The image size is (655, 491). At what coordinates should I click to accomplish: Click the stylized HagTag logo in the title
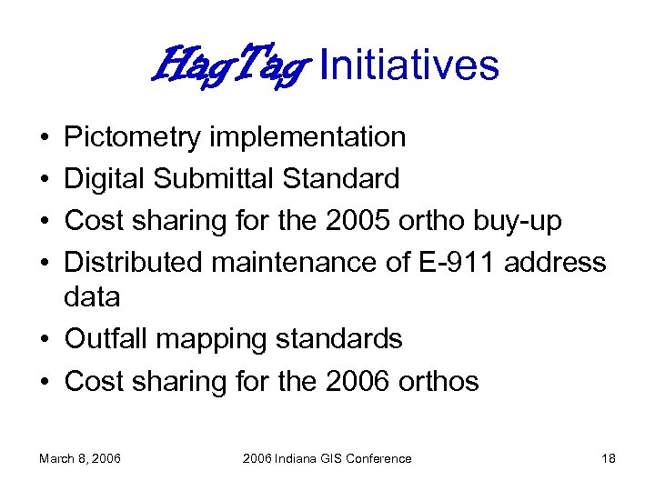click(x=231, y=65)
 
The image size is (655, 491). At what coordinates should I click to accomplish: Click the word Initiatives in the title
click(x=409, y=65)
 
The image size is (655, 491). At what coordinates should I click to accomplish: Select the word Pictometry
click(x=133, y=138)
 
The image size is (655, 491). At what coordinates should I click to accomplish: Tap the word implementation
click(x=307, y=138)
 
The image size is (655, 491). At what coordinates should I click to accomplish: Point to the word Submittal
click(x=216, y=179)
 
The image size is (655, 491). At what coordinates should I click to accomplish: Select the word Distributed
click(x=134, y=263)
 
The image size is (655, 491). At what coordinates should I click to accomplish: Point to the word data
click(x=92, y=297)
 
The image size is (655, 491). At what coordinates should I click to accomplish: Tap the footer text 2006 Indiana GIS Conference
click(x=327, y=458)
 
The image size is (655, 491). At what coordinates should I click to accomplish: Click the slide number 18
click(x=609, y=458)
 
